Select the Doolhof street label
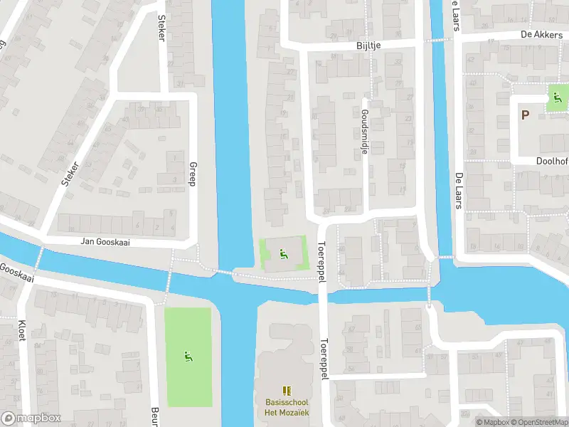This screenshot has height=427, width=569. click(x=552, y=162)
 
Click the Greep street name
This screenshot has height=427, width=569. click(x=192, y=174)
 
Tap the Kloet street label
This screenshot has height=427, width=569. click(x=21, y=329)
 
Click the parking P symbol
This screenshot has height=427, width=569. click(x=525, y=115)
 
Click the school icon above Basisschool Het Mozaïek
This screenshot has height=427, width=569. click(x=286, y=390)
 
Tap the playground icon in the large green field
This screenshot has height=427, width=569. click(x=188, y=356)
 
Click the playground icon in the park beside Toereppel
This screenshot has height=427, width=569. click(x=284, y=252)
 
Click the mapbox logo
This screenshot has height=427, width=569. click(x=31, y=418)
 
